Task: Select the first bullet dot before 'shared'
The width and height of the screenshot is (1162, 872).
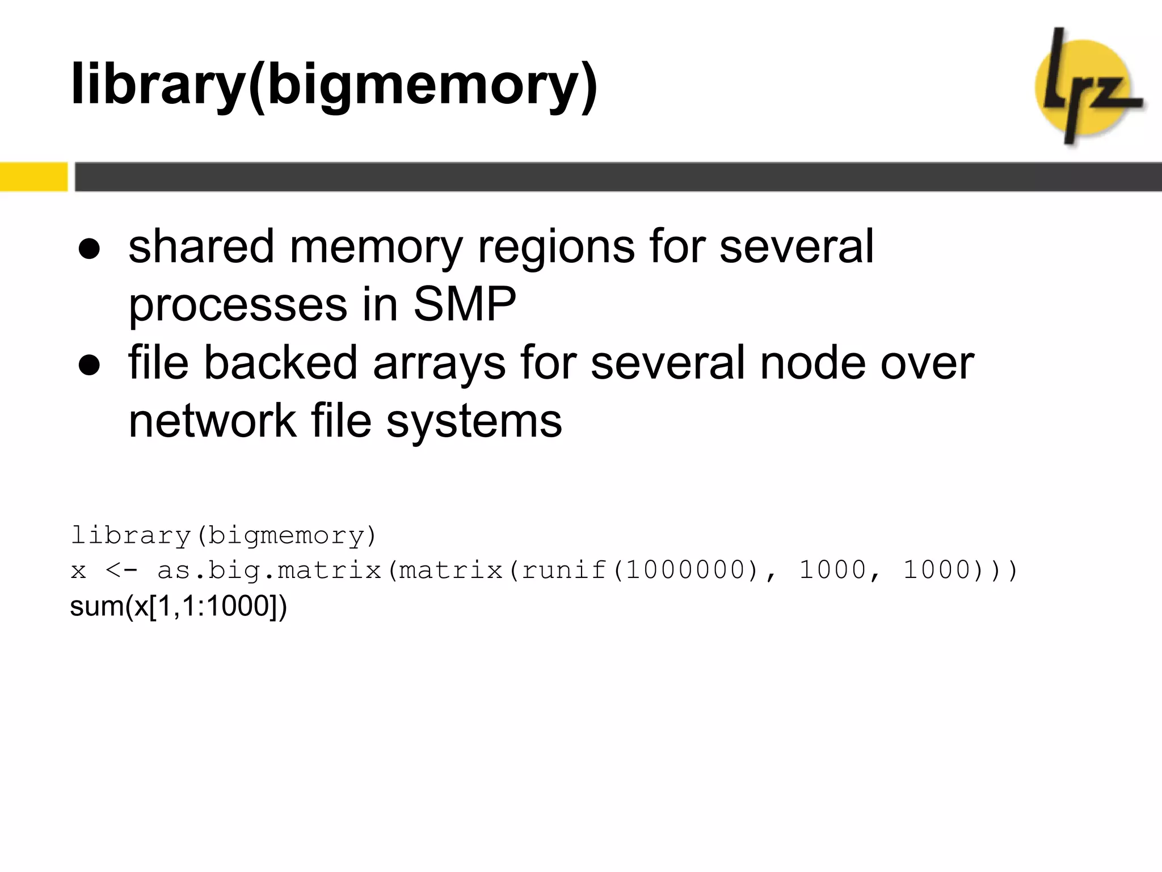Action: [90, 249]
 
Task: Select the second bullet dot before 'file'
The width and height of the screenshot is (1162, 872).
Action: [90, 365]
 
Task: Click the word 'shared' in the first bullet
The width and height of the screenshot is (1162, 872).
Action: [201, 247]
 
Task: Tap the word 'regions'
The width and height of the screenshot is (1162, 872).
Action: [556, 247]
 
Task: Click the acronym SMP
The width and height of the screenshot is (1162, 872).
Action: [464, 305]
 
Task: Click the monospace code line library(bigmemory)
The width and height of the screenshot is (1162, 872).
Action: [224, 536]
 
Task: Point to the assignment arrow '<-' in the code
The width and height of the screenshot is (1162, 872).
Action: [121, 570]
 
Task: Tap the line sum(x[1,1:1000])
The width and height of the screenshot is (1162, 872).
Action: [178, 606]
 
